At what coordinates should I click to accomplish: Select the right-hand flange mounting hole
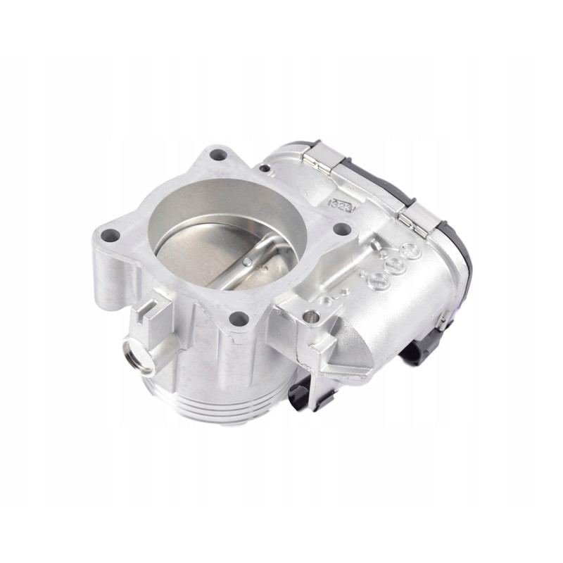[342, 229]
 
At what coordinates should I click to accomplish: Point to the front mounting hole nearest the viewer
[239, 319]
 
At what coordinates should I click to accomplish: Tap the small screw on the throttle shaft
[248, 262]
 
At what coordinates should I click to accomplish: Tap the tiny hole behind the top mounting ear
[264, 168]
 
